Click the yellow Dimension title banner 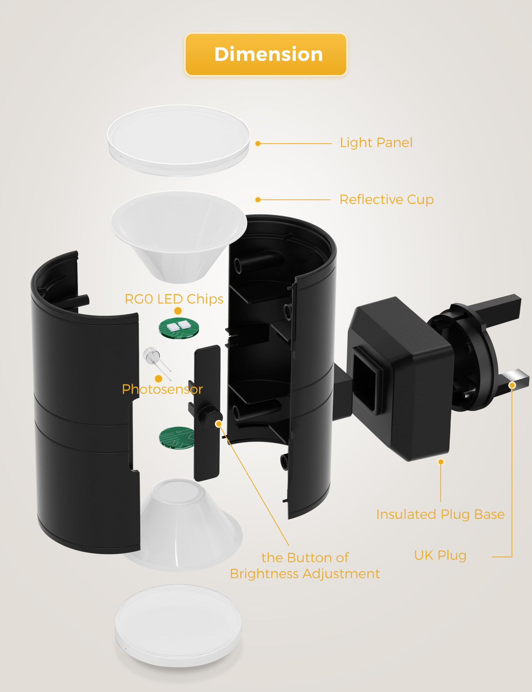tap(266, 54)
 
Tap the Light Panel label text tap(376, 143)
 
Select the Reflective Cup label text tap(386, 199)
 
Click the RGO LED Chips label tap(174, 299)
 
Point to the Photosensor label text tap(162, 389)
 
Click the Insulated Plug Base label tap(440, 514)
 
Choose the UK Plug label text tap(440, 555)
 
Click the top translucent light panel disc tap(179, 140)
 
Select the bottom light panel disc tap(178, 625)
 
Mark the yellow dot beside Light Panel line tap(258, 144)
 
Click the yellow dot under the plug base tap(441, 462)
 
